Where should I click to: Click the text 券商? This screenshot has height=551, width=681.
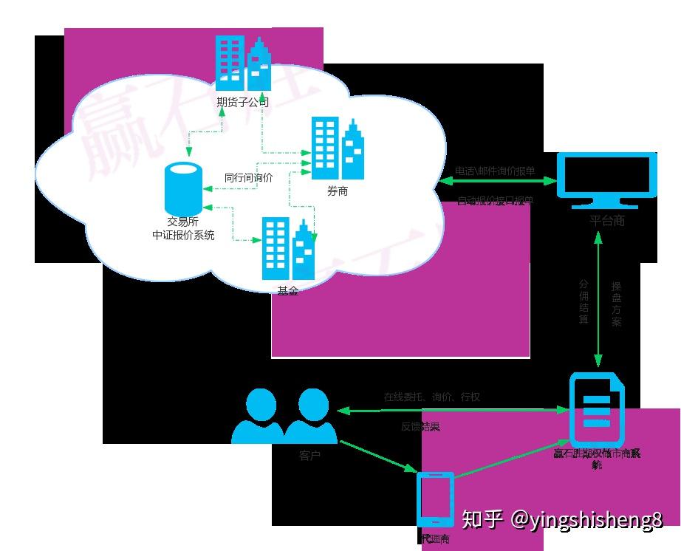point(338,191)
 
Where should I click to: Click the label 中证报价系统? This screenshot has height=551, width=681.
point(183,236)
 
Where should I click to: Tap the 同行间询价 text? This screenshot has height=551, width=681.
point(249,177)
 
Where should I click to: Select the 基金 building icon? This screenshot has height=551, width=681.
point(289,248)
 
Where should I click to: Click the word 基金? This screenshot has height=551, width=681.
point(288,291)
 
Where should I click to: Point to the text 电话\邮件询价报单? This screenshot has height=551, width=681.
point(495,171)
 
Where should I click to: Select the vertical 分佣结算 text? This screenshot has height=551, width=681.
point(584,302)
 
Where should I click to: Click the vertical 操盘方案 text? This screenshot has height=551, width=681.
point(617,302)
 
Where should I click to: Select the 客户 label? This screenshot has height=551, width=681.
point(310,456)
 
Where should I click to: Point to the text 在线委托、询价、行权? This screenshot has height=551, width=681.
point(432,397)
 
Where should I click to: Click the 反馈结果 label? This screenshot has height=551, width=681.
point(421,426)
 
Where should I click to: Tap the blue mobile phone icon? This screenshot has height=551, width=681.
point(435,500)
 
